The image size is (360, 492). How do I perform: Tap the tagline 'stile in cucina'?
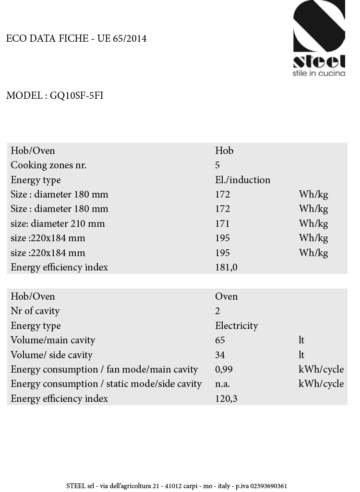pos(319,73)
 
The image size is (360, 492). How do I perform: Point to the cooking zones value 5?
pos(217,165)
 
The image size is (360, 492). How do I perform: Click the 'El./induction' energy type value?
pos(242,180)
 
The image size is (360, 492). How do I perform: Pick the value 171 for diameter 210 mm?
pos(222,223)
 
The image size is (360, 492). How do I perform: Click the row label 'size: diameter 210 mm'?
pos(58,223)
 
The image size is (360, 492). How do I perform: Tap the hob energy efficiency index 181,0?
pos(226,267)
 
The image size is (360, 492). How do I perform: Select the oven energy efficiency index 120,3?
pos(226,398)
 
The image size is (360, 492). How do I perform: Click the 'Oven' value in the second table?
pos(226,296)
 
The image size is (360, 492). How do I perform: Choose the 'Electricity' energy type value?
pos(236,326)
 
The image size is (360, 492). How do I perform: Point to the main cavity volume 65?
pos(220,340)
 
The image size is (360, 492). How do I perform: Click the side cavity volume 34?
pos(220,355)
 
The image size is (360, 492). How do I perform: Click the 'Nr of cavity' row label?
pos(35,311)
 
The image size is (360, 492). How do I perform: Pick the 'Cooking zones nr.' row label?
pos(48,165)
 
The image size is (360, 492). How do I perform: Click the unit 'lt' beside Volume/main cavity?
pos(301,340)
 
